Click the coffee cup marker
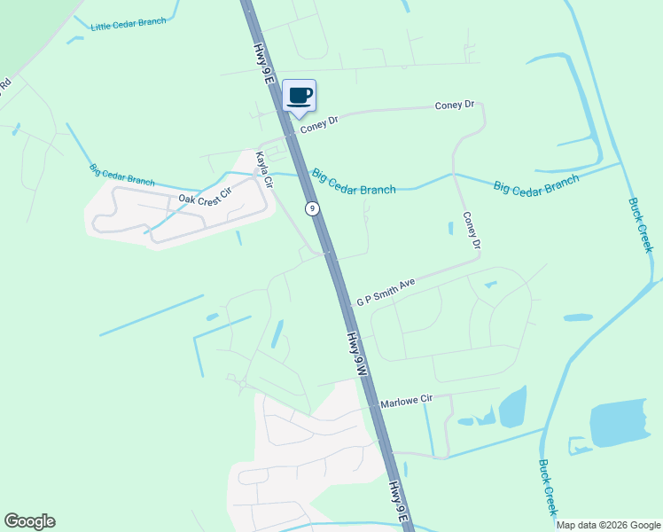pos(300,96)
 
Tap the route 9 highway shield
pos(312,208)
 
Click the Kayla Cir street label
pos(264,169)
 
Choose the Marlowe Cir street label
pos(406,402)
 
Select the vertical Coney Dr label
pos(471,231)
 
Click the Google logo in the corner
pos(30,521)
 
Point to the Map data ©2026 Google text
pos(609,525)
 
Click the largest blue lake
pos(618,423)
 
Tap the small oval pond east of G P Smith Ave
pos(578,317)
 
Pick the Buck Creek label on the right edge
pos(640,224)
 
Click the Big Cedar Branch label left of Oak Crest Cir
pos(121,175)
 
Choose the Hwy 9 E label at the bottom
pos(400,502)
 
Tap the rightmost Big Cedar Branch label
pos(536,184)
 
